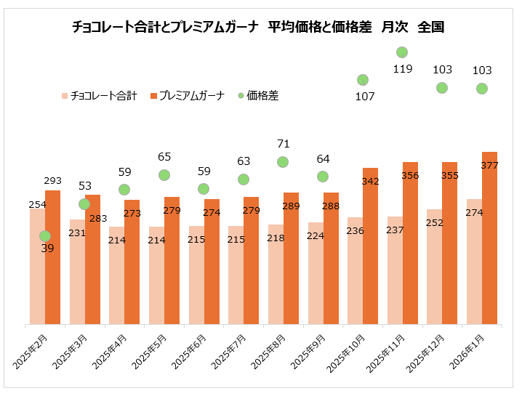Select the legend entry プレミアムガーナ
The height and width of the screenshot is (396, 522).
click(x=190, y=95)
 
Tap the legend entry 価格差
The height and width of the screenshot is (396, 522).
click(x=262, y=95)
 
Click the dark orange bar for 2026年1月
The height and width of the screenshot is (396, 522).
click(x=489, y=240)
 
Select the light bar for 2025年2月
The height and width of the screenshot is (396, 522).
click(x=37, y=269)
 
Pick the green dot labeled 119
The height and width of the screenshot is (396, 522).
click(x=401, y=52)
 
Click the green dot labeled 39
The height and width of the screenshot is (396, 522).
click(x=45, y=236)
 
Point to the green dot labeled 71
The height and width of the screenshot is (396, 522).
click(x=283, y=162)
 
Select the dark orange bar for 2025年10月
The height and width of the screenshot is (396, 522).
click(x=370, y=247)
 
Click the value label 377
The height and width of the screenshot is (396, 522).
click(x=489, y=166)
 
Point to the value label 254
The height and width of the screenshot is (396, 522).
click(x=37, y=205)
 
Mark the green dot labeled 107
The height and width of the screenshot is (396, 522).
click(x=362, y=80)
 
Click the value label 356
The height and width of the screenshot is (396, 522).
click(x=410, y=175)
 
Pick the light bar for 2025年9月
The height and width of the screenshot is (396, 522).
click(x=315, y=275)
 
